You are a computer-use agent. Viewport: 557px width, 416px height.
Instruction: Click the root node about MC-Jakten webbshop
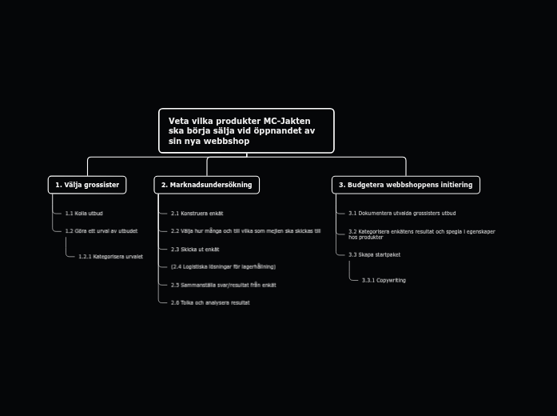[x=246, y=130]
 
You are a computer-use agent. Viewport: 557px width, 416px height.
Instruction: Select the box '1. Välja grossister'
[x=87, y=185]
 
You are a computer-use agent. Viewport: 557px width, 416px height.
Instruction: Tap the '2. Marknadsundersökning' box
[x=206, y=185]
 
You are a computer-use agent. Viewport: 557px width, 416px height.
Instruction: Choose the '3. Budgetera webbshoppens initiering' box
[x=405, y=185]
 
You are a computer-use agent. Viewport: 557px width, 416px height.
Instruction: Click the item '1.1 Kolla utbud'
[x=84, y=214]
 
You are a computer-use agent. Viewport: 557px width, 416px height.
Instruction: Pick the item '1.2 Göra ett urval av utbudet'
[x=101, y=231]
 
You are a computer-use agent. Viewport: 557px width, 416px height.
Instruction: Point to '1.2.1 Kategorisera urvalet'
[x=110, y=257]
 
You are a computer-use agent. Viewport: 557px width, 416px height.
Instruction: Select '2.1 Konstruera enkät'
[x=197, y=214]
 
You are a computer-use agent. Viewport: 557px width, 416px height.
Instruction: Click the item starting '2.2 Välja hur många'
[x=245, y=231]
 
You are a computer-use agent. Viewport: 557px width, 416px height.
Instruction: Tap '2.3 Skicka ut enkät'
[x=195, y=250]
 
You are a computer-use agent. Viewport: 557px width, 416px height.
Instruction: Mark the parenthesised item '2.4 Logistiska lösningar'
[x=223, y=266]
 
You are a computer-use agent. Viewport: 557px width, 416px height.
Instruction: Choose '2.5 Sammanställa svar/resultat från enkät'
[x=224, y=285]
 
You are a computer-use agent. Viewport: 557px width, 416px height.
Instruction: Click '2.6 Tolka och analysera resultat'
[x=210, y=302]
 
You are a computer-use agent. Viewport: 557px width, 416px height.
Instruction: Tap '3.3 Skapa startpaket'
[x=374, y=254]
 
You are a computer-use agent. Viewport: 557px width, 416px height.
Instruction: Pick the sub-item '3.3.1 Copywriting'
[x=384, y=280]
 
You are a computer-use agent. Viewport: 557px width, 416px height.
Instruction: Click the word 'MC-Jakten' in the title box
[x=287, y=121]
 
